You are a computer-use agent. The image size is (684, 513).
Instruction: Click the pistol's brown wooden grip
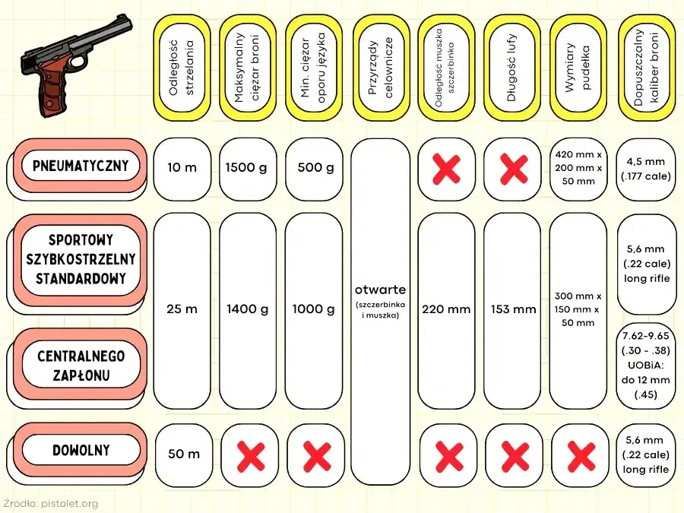(x=55, y=90)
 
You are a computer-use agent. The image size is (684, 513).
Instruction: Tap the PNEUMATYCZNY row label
(x=81, y=166)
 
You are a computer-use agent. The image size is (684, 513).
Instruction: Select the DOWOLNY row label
(x=81, y=450)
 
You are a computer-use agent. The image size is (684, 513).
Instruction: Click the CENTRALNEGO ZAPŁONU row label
(x=81, y=366)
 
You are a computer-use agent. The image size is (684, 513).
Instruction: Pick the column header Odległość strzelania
(x=182, y=68)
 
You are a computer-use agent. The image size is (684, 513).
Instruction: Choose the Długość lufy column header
(x=512, y=68)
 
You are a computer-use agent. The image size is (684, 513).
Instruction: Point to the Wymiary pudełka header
(x=578, y=68)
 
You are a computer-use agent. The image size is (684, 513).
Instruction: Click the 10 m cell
(x=182, y=167)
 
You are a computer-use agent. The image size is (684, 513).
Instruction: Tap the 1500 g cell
(x=246, y=167)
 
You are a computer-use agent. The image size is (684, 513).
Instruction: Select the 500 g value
(x=315, y=167)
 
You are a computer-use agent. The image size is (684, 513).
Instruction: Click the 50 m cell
(x=184, y=454)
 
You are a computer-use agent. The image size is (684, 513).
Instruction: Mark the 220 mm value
(x=446, y=309)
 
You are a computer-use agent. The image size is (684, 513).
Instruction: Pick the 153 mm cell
(x=513, y=309)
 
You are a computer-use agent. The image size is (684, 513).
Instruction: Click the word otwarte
(x=380, y=290)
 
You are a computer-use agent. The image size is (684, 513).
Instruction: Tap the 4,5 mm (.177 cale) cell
(x=645, y=169)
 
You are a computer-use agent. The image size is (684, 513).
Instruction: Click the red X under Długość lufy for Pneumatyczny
(x=515, y=169)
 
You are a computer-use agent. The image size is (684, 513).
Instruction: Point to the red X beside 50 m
(x=251, y=457)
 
